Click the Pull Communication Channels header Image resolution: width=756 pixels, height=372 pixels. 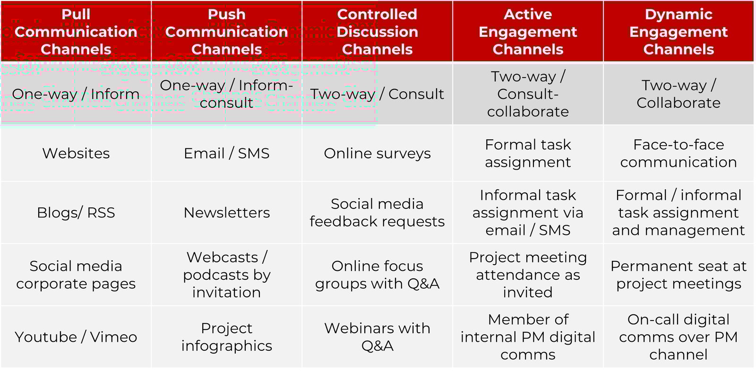click(76, 32)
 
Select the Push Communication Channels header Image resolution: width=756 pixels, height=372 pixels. click(226, 32)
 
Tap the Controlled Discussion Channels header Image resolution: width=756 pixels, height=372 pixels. click(377, 32)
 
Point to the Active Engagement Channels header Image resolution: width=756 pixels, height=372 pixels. click(528, 32)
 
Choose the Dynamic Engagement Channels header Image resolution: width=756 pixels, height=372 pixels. click(679, 32)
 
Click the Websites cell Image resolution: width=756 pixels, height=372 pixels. click(76, 153)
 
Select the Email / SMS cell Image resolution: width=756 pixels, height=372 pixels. click(226, 153)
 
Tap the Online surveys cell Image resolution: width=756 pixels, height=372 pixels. click(377, 153)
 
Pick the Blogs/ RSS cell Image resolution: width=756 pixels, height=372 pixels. click(76, 213)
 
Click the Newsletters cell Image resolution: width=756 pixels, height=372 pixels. click(226, 213)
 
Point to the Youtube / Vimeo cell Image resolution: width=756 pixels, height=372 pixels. click(76, 337)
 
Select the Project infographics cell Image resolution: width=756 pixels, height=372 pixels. click(226, 337)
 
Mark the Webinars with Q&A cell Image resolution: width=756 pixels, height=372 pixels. click(377, 337)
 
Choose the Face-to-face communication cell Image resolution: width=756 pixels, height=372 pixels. click(679, 153)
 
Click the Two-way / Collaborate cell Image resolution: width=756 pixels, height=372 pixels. click(679, 94)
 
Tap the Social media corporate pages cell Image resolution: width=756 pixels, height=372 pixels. click(76, 275)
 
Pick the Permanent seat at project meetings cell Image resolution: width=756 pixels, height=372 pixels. click(679, 275)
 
